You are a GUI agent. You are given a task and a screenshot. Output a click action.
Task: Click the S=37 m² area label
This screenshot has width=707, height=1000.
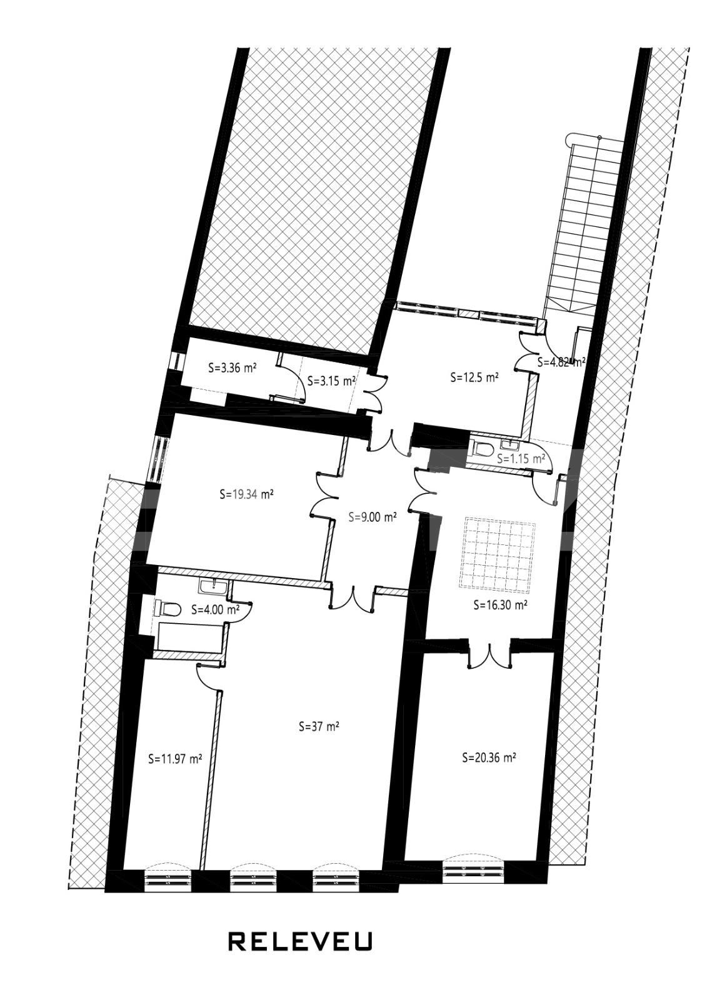click(x=319, y=727)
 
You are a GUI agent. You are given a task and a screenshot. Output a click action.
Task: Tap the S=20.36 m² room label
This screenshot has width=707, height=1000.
click(x=489, y=757)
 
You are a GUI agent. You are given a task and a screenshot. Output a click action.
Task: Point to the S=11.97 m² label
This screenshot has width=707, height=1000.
click(x=175, y=759)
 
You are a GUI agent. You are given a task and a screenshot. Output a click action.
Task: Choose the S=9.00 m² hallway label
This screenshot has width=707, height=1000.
click(x=373, y=517)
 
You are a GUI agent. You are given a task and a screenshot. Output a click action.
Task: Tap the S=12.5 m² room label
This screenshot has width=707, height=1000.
click(x=474, y=377)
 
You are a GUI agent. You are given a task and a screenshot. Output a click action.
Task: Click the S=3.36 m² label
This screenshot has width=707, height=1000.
click(x=233, y=368)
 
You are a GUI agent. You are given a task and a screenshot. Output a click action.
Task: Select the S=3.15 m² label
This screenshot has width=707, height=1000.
click(x=332, y=379)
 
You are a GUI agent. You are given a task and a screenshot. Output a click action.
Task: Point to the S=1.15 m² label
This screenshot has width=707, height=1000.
click(x=521, y=458)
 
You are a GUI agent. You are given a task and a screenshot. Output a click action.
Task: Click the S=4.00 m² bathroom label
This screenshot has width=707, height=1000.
click(x=215, y=609)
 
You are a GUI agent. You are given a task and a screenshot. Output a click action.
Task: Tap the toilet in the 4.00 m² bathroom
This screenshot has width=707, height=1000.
click(x=169, y=608)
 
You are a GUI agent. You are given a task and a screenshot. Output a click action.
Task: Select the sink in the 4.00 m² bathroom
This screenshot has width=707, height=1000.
click(x=214, y=586)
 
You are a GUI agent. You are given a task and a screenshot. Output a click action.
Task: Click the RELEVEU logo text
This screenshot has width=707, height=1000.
click(x=300, y=941)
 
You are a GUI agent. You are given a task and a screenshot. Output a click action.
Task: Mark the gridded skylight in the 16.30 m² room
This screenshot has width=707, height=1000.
click(x=498, y=554)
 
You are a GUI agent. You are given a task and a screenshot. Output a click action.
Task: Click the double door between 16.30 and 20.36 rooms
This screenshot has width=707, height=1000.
click(x=490, y=655)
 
